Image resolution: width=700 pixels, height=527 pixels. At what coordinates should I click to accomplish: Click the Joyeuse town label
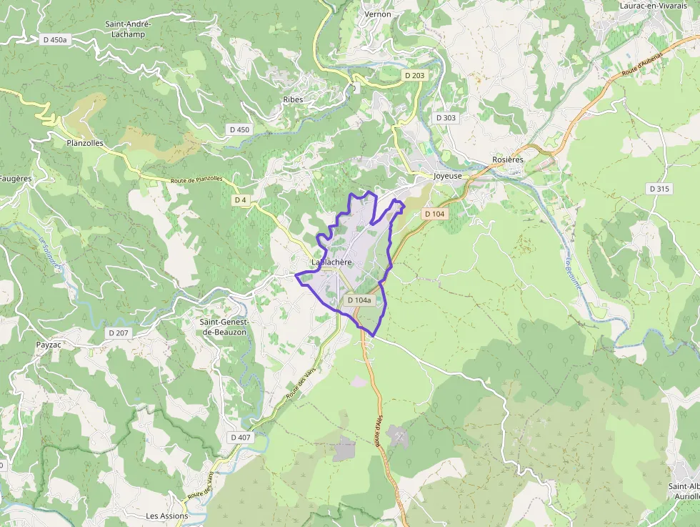click(x=448, y=175)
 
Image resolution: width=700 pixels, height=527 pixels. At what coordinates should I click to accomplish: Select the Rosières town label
click(x=508, y=159)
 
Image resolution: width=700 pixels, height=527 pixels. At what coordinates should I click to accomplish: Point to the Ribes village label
click(x=293, y=99)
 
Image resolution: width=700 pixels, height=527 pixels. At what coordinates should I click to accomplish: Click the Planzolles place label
click(x=85, y=143)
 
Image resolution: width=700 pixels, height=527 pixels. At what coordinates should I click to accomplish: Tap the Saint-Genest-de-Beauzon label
click(x=224, y=327)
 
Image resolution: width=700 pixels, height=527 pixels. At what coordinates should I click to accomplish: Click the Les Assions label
click(x=167, y=516)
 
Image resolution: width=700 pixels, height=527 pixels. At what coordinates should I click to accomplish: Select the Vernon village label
click(x=378, y=14)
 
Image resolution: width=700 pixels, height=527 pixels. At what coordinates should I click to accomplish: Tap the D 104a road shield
click(x=359, y=300)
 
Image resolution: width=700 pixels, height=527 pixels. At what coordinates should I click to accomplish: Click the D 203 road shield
click(x=414, y=75)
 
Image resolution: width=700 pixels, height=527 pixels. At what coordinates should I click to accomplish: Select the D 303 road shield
click(x=446, y=117)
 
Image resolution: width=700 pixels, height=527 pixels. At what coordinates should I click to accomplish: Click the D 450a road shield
click(x=54, y=40)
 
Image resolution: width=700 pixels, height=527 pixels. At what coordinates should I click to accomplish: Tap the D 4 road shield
click(x=241, y=200)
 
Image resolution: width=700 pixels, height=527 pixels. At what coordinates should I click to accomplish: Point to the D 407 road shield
click(x=241, y=437)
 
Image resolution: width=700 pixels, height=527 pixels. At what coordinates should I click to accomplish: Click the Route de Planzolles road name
click(x=196, y=179)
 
